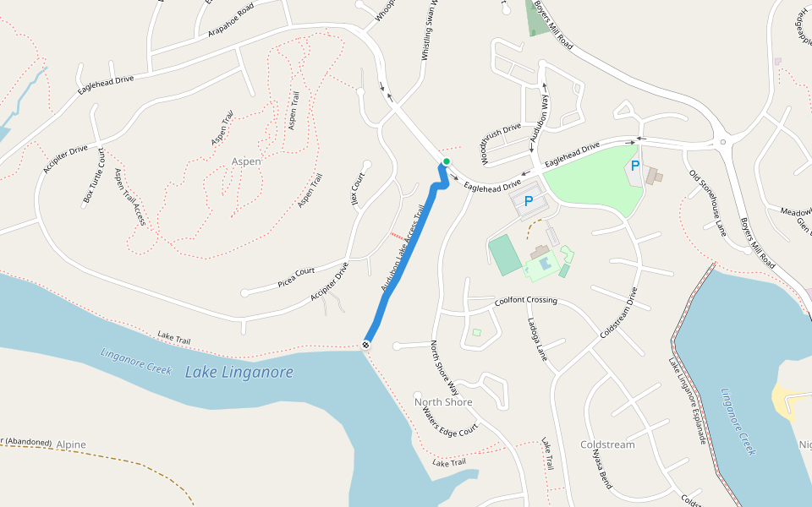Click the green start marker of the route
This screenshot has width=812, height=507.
click(x=446, y=161)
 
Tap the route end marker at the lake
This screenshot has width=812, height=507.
click(x=366, y=344)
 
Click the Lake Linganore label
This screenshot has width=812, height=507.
click(x=239, y=372)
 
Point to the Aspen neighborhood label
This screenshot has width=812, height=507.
click(x=246, y=161)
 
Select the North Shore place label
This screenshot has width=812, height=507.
click(x=443, y=401)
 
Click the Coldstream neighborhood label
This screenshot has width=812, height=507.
click(x=607, y=444)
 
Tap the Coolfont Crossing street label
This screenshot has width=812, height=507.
click(x=526, y=300)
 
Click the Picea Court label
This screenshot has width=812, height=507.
click(x=296, y=277)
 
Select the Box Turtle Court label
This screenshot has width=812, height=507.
click(x=94, y=175)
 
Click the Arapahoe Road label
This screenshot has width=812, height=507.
click(x=231, y=21)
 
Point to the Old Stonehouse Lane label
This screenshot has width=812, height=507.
click(x=708, y=203)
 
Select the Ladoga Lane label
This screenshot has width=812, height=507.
click(x=537, y=339)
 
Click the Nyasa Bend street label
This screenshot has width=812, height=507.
click(x=602, y=469)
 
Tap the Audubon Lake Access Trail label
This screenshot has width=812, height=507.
click(x=402, y=248)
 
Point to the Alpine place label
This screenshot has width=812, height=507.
click(x=71, y=444)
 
